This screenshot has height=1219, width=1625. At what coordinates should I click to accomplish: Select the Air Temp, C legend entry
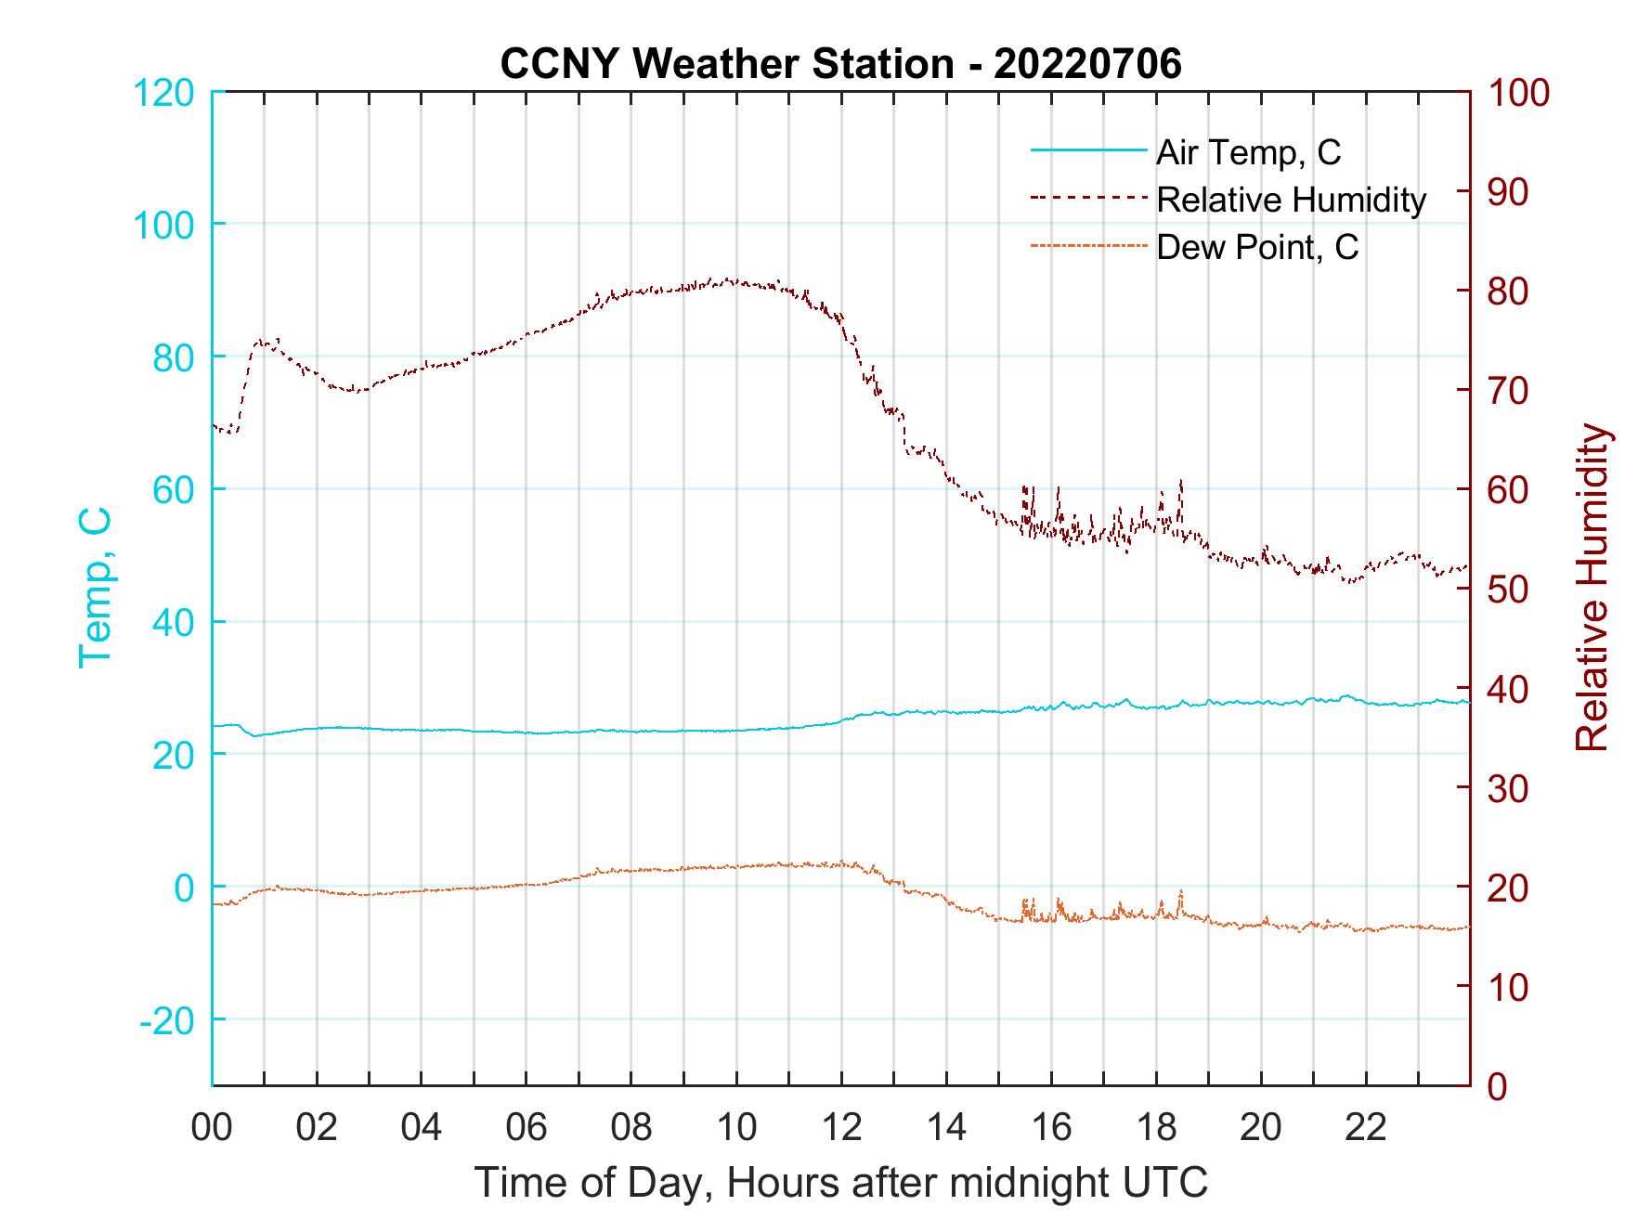1248,152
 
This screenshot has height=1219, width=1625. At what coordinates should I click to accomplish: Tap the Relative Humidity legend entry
1291,200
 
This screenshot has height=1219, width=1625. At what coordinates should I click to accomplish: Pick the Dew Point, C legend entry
1257,248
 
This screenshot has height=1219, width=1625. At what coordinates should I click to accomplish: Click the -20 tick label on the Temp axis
167,1019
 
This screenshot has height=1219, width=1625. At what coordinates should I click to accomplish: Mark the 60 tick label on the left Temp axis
172,490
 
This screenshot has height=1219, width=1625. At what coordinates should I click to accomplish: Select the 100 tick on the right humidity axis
1519,93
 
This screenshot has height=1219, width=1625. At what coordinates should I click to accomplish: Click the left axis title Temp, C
95,588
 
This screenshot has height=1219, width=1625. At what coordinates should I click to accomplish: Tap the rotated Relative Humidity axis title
1592,588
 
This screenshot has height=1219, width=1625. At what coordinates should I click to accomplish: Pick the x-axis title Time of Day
841,1183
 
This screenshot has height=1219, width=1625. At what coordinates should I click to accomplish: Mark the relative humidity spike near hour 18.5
1181,483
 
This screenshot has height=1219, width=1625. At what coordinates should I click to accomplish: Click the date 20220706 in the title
1087,64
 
